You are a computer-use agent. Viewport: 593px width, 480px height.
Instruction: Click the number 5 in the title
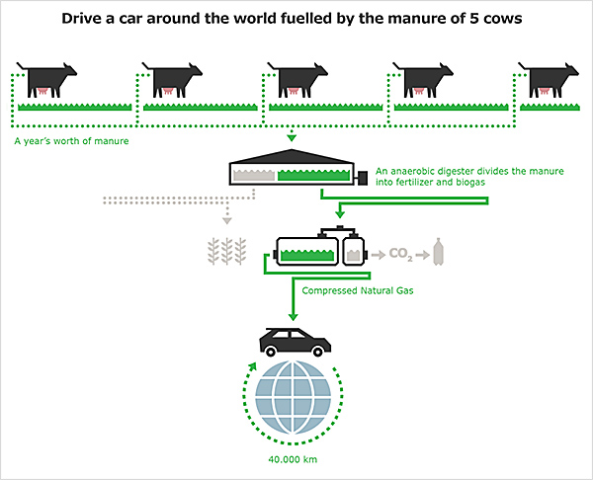(474, 18)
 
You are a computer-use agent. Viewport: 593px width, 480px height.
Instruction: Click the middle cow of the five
(297, 80)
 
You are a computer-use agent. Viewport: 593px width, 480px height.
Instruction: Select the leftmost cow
(46, 80)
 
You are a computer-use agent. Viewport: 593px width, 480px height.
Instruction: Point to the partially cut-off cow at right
(549, 80)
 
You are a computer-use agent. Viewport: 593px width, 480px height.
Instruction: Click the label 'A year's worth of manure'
(71, 141)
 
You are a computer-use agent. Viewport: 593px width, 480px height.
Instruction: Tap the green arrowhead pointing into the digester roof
(292, 138)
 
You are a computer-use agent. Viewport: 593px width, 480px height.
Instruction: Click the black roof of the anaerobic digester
(292, 156)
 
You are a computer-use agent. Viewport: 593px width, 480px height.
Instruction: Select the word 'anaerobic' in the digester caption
(410, 171)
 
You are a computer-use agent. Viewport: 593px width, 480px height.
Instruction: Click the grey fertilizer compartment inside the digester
(254, 175)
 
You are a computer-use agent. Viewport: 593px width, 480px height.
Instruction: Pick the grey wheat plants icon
(227, 251)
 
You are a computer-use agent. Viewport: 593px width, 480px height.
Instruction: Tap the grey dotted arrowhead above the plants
(227, 220)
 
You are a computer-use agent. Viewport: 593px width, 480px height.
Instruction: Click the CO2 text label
(401, 254)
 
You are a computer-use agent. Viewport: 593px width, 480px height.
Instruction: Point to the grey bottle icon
(438, 252)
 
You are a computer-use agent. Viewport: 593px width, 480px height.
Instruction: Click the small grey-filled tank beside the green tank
(354, 250)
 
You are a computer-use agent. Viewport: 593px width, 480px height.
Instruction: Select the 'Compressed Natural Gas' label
(358, 290)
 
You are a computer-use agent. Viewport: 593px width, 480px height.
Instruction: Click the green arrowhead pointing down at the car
(293, 317)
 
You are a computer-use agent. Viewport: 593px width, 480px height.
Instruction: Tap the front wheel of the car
(317, 352)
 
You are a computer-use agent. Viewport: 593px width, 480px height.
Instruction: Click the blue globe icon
(293, 397)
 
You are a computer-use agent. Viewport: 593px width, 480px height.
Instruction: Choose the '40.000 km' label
(293, 459)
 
